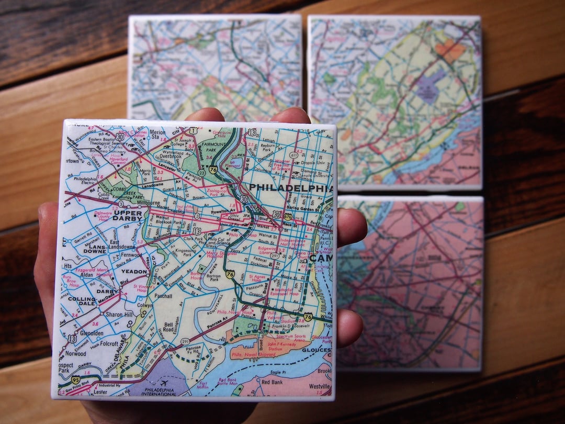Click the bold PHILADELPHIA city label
(x=290, y=187)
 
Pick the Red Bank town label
(x=272, y=383)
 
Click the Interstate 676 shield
(x=288, y=216)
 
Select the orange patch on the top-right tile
(x=450, y=50)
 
